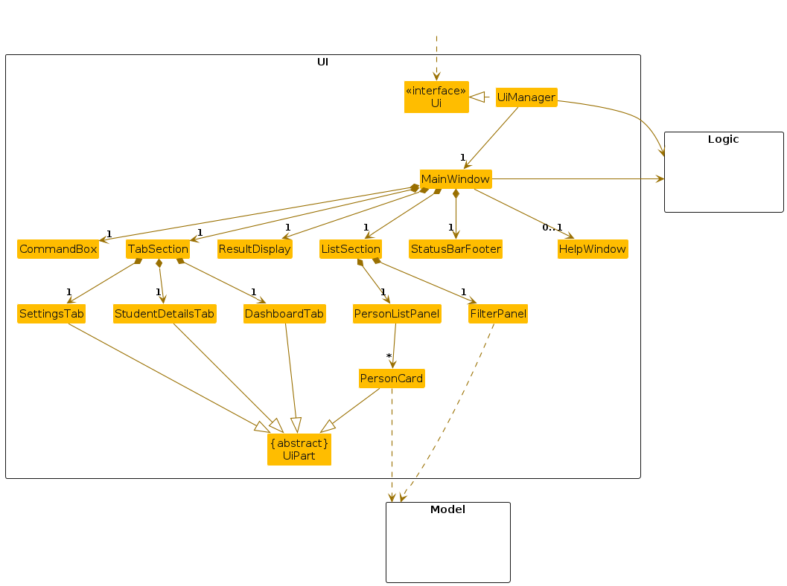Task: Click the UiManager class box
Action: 526,97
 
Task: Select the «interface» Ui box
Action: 436,97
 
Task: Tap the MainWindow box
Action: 456,179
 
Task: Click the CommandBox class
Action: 58,249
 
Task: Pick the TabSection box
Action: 158,249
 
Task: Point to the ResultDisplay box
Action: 255,249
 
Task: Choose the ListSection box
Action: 351,249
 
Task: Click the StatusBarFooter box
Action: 456,249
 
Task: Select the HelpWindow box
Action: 593,249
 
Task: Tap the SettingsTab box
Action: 51,314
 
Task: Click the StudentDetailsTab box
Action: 165,314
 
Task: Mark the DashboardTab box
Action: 284,314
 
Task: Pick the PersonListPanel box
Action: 397,314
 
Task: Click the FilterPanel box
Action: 498,314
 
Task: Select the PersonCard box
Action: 392,379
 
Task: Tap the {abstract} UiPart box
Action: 299,449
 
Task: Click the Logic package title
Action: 723,139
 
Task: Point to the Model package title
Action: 447,509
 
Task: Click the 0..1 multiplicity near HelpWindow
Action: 552,227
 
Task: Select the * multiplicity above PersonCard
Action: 389,357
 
